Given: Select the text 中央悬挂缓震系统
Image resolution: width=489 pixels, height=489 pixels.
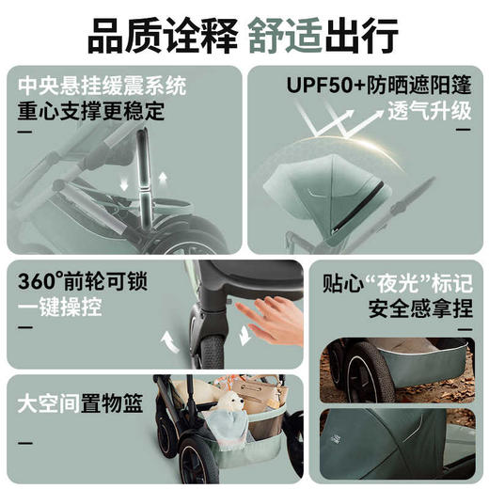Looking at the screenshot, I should coord(102,86).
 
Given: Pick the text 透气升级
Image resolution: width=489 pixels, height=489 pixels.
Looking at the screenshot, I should coord(427,112).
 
